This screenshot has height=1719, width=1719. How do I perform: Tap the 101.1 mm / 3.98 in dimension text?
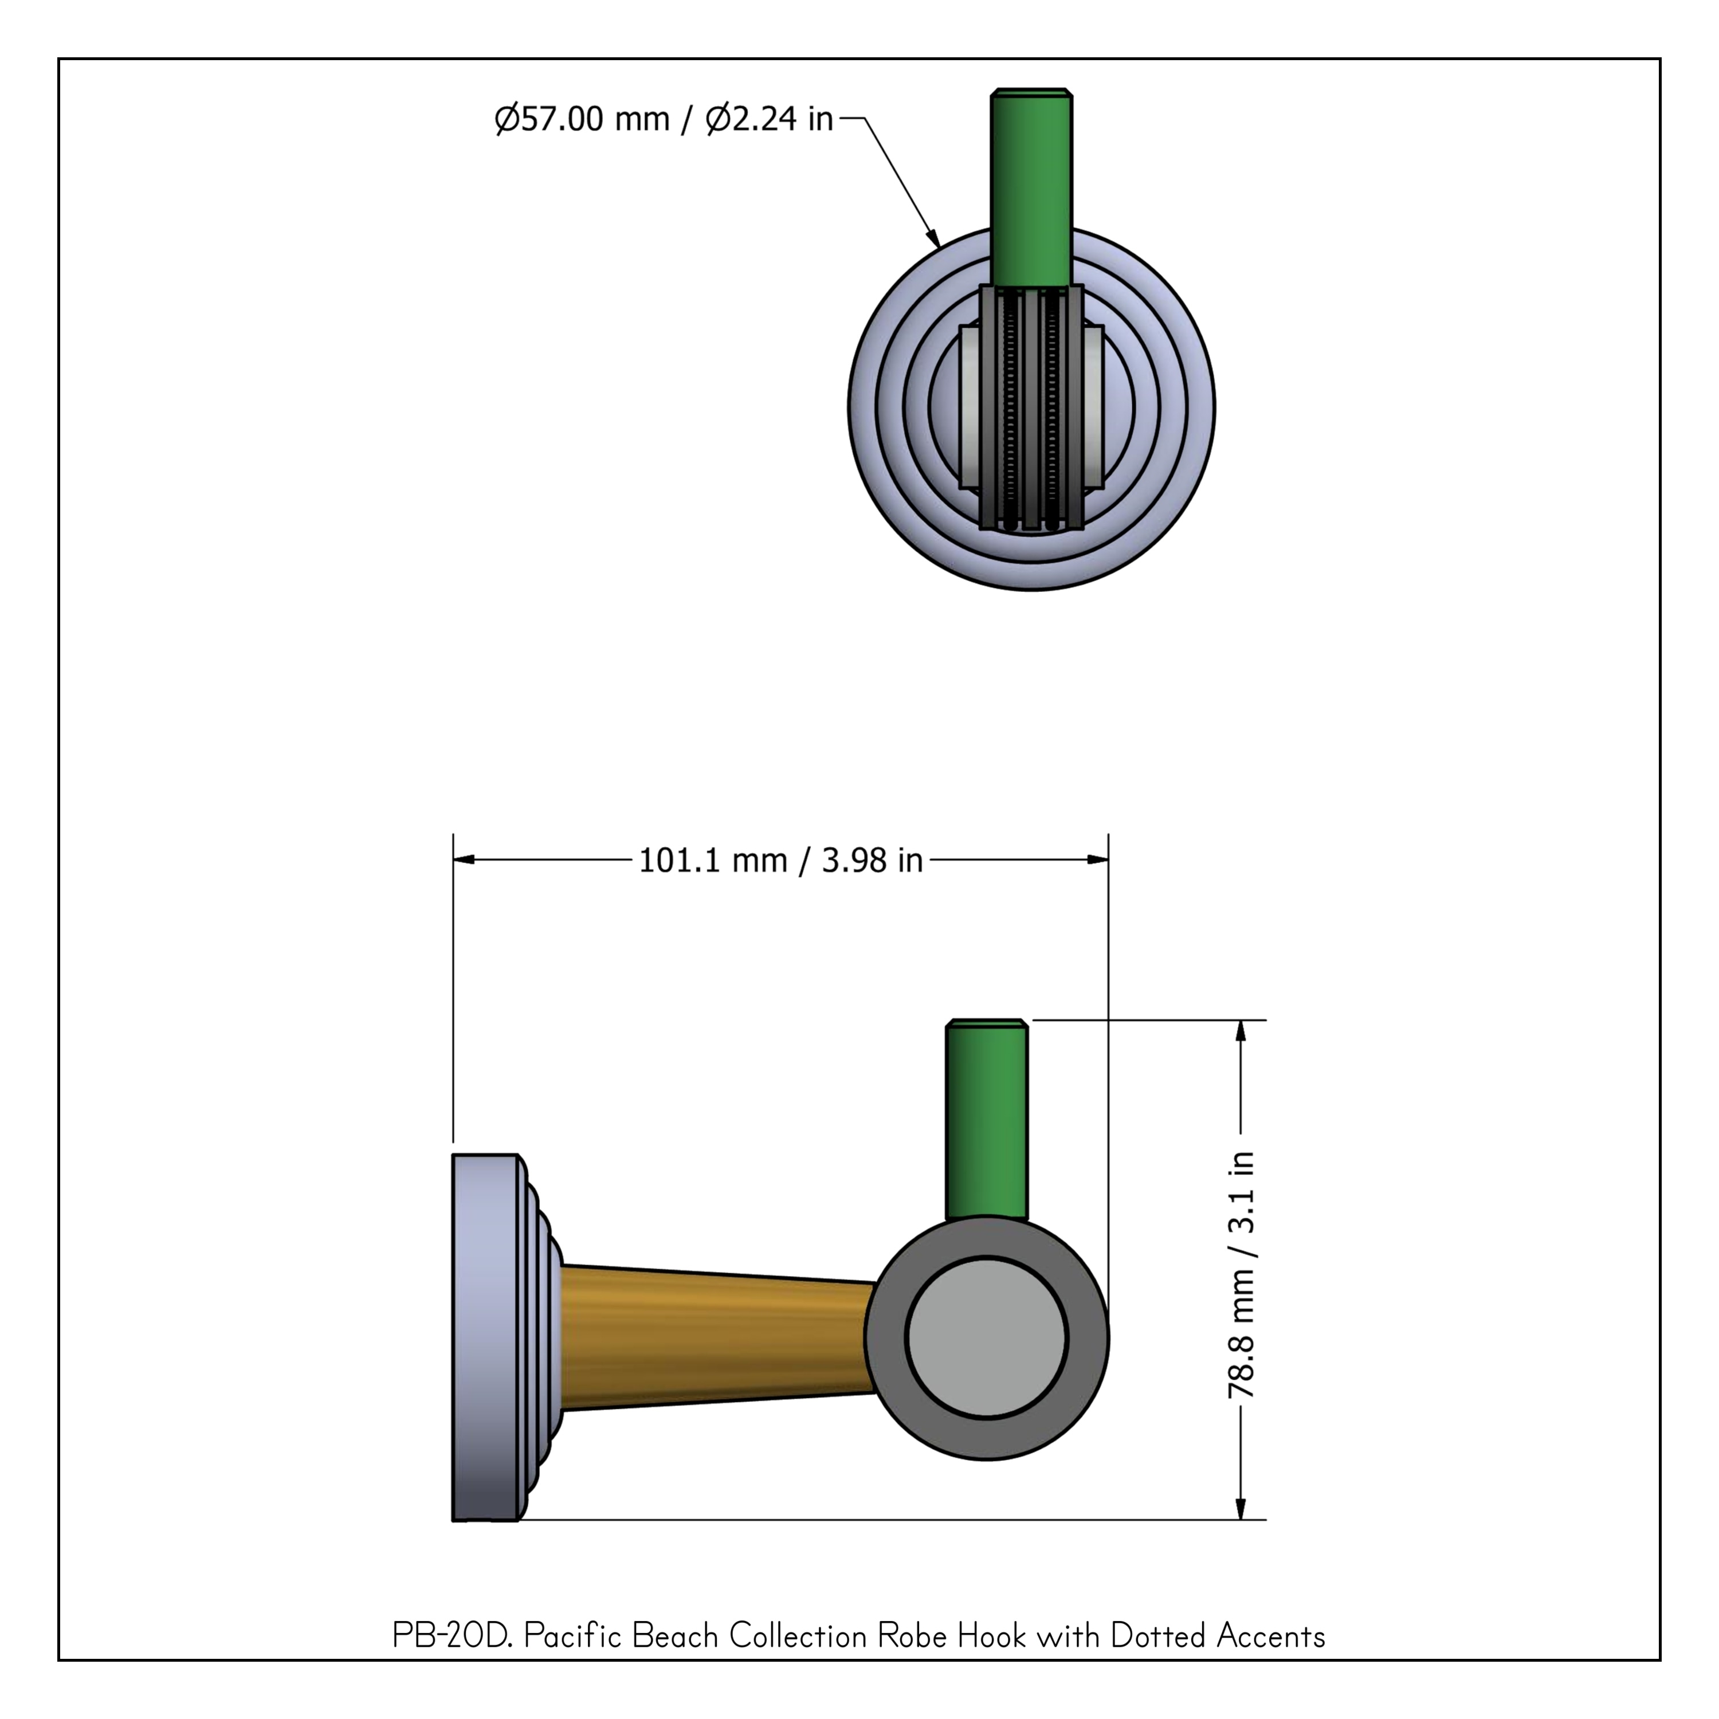tap(780, 861)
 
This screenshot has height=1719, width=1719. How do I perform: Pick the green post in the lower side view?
tap(987, 1119)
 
